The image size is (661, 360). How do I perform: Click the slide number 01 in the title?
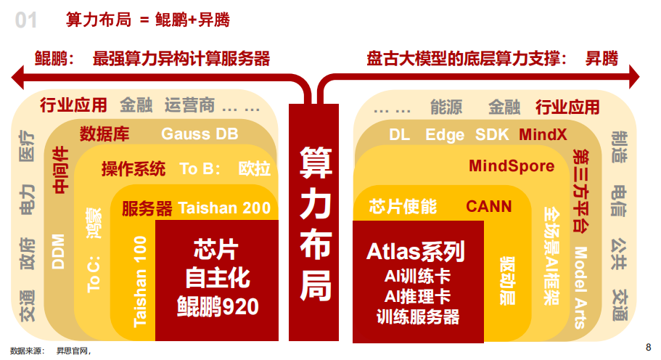(x=26, y=20)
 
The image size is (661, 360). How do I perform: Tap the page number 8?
(x=648, y=345)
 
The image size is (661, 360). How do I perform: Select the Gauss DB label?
(x=200, y=134)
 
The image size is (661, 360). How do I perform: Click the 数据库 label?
(x=104, y=134)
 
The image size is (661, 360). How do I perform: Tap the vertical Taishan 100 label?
(x=141, y=280)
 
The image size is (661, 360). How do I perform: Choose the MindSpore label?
(x=512, y=166)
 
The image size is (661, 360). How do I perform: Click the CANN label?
(x=488, y=206)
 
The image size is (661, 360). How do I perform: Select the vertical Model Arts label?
(x=580, y=287)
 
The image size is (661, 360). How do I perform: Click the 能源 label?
(x=446, y=107)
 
